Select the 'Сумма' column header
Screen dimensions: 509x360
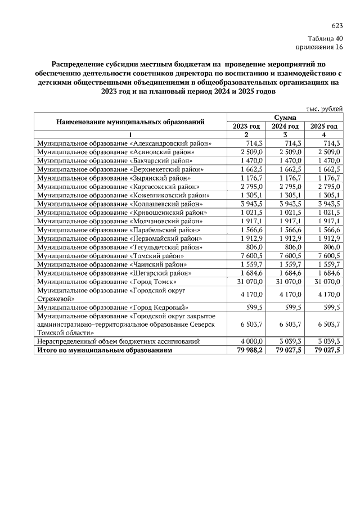click(x=285, y=118)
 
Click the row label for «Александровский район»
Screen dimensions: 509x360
click(x=124, y=143)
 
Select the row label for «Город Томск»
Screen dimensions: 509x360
click(x=107, y=281)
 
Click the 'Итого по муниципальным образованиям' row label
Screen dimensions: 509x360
click(x=105, y=350)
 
